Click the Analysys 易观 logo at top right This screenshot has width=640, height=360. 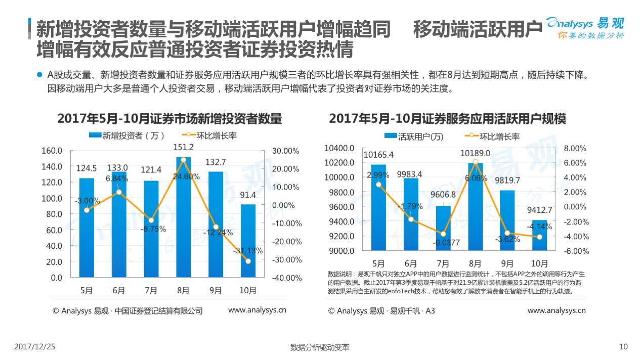coord(586,28)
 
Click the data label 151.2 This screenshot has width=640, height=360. coord(183,147)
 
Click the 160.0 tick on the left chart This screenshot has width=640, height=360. coord(52,151)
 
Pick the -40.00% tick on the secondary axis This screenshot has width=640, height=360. coord(286,278)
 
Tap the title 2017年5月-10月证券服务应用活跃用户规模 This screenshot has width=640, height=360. coord(447,119)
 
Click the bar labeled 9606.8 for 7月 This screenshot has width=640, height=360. coord(443,228)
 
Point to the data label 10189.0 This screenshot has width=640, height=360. coord(475,153)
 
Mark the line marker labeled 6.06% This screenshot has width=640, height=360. coord(475,162)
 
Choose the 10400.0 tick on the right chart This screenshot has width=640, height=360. coord(340,148)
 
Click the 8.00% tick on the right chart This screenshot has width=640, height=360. coord(575,148)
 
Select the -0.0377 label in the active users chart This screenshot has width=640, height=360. coord(446,243)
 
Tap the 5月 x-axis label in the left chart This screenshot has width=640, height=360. coord(87,290)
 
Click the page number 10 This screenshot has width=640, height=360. coord(623,347)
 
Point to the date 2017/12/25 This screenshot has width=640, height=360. coord(35,347)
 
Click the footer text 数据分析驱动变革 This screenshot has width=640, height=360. coord(320,347)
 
